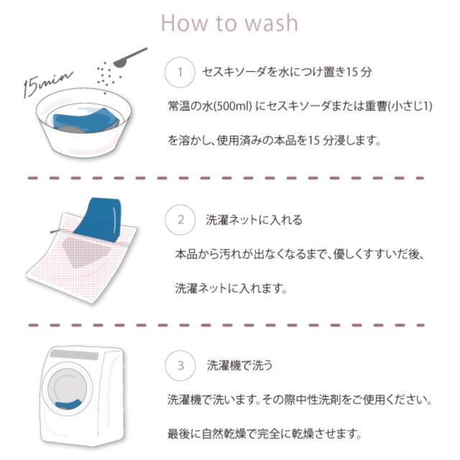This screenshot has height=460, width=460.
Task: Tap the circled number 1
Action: click(180, 73)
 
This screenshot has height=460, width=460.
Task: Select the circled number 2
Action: click(180, 218)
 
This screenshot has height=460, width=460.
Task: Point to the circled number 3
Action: click(180, 366)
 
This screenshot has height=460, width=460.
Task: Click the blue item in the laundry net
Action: click(101, 216)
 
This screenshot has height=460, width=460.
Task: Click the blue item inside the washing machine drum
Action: click(69, 407)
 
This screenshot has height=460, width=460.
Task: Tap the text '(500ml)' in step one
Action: click(233, 106)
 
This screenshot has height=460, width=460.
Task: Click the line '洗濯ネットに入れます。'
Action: click(231, 288)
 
